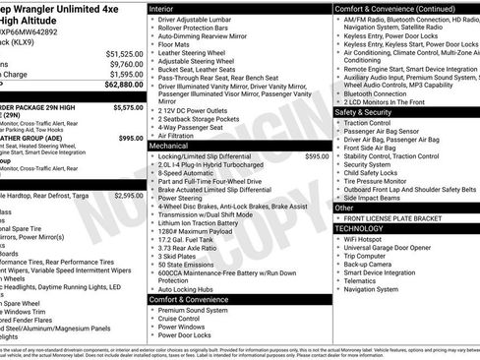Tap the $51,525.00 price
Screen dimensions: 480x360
(x=124, y=53)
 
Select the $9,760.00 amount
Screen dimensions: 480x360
(x=126, y=63)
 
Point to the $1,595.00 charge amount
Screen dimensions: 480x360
(x=126, y=74)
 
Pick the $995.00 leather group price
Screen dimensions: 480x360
(x=132, y=138)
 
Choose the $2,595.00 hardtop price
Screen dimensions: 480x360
(x=129, y=195)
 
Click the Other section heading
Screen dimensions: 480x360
(x=345, y=208)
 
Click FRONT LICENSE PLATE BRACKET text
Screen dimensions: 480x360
(x=399, y=217)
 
